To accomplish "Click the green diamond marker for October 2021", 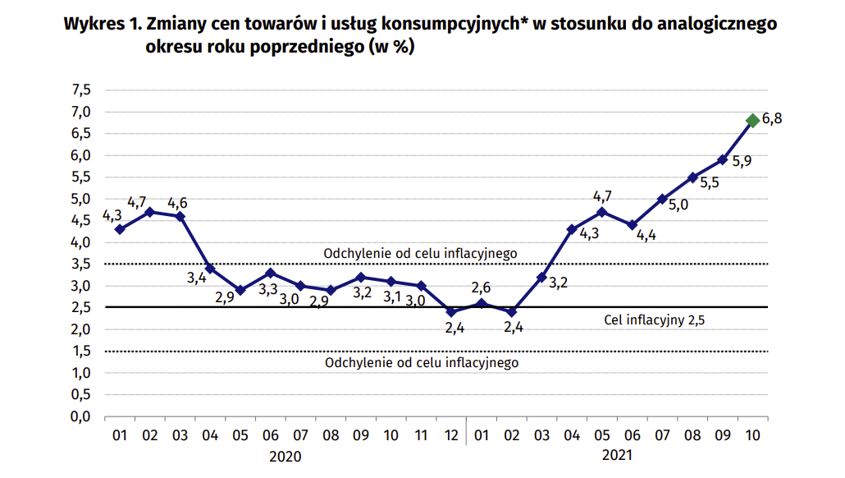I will (x=752, y=121).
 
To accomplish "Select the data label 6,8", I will (x=772, y=119).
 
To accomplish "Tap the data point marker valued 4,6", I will (x=180, y=217).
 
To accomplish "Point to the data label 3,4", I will (x=196, y=278).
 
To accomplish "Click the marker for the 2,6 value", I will (x=482, y=304).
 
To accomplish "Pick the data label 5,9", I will (x=742, y=162).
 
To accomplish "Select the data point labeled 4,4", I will (x=632, y=225).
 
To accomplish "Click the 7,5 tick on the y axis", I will (x=80, y=90).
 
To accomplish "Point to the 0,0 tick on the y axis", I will (x=80, y=416).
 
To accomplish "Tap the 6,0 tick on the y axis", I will (x=80, y=155).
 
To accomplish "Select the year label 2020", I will (x=285, y=456).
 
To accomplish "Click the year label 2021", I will (x=617, y=456).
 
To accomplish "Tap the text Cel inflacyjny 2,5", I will (x=654, y=320).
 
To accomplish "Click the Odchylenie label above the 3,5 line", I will (x=421, y=253).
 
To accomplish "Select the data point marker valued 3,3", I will (x=270, y=273).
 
